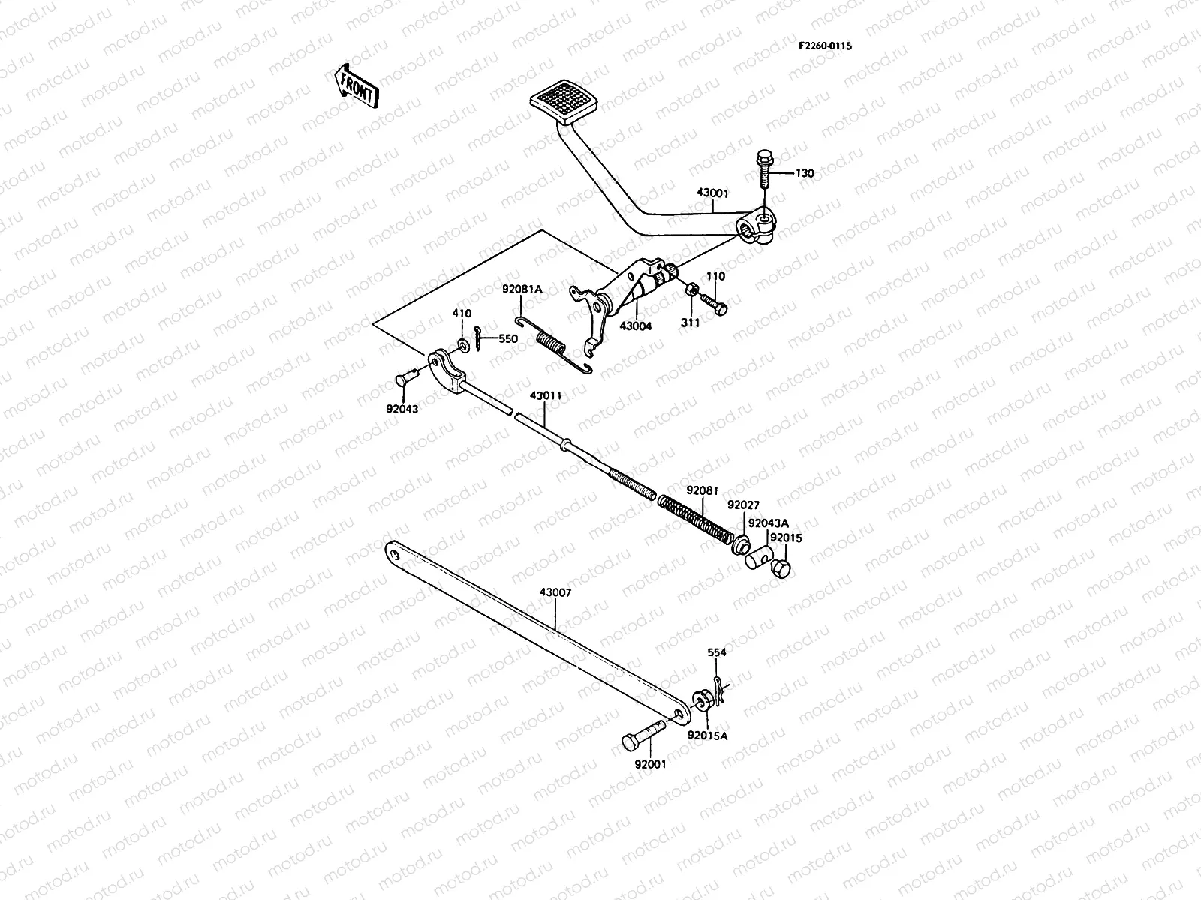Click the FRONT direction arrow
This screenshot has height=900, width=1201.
(356, 85)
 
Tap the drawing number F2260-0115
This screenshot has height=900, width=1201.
(825, 46)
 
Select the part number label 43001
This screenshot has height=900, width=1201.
(712, 193)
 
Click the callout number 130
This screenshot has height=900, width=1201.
(804, 174)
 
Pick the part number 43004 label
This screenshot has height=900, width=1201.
(636, 326)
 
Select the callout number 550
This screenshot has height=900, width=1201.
(508, 339)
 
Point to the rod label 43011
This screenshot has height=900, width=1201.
(546, 394)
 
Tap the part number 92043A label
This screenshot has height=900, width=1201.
(768, 523)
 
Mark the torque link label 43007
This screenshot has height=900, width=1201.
(555, 592)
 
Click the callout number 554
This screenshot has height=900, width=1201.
(717, 653)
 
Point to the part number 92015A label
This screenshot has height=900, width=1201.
(708, 736)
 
